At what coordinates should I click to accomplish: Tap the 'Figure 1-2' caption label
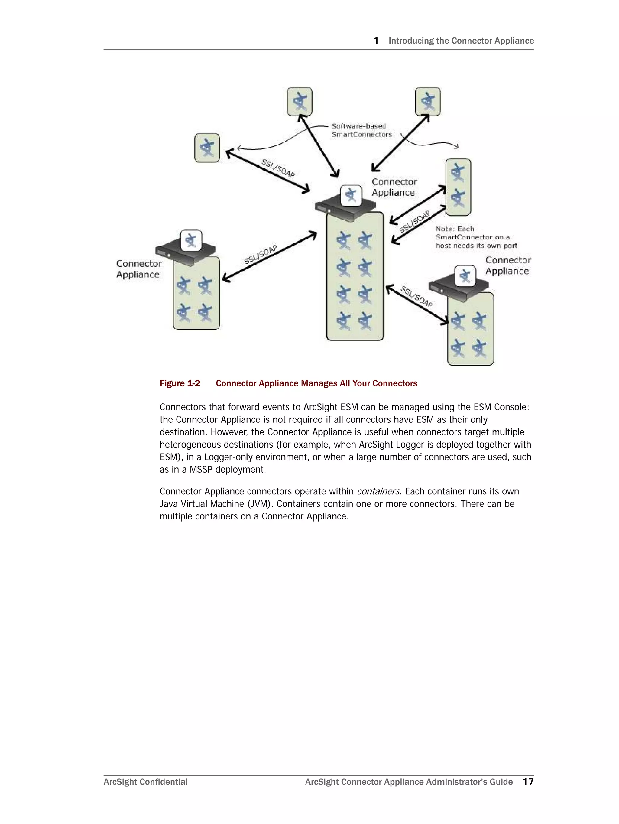click(180, 383)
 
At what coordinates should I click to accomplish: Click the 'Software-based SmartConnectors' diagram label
click(361, 130)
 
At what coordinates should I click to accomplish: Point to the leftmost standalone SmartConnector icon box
click(207, 148)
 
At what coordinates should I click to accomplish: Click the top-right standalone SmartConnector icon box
click(428, 102)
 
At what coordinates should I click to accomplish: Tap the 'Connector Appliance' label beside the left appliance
click(138, 269)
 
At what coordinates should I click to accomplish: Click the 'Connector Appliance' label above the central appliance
click(394, 187)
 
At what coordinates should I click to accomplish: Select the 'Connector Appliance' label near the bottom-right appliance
click(508, 265)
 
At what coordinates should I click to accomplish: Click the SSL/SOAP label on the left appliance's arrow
click(260, 254)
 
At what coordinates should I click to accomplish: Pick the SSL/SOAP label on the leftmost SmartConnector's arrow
click(278, 168)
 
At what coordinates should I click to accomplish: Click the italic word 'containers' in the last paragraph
click(378, 492)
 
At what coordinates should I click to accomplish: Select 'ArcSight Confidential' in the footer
click(145, 782)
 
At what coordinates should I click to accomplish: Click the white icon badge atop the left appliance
click(191, 240)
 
